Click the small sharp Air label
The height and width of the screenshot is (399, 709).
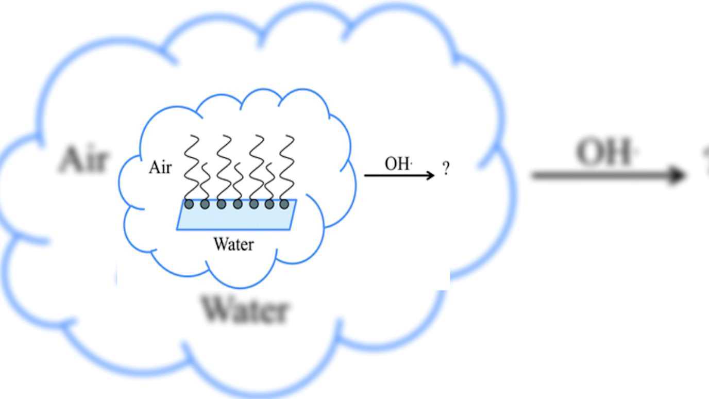[x=160, y=168]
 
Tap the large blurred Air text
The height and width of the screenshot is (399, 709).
[x=83, y=159]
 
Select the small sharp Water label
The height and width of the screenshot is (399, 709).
[x=233, y=243]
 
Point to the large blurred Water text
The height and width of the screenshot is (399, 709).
[x=244, y=309]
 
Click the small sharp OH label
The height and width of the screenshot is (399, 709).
[x=398, y=164]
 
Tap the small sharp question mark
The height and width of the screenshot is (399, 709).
[x=446, y=168]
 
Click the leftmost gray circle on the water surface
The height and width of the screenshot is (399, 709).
[x=189, y=205]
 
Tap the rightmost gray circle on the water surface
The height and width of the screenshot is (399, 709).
[x=284, y=205]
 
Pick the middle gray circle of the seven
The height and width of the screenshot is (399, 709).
[x=238, y=205]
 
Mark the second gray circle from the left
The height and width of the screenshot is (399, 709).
[x=205, y=205]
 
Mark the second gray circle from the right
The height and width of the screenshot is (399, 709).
[x=269, y=205]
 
